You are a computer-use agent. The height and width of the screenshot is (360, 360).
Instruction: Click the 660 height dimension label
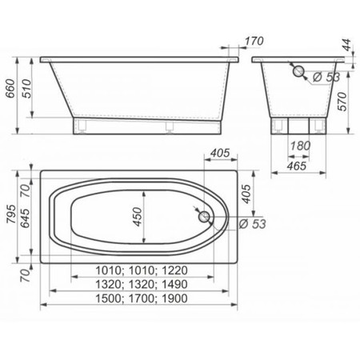coord(11,88)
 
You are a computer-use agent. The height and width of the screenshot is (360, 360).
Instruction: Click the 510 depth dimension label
coord(26,88)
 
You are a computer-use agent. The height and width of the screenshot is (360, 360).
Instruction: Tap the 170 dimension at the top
coord(254,41)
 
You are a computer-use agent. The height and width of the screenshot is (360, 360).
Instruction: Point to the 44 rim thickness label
coord(346,45)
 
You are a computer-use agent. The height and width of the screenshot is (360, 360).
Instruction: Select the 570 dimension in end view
coord(342,102)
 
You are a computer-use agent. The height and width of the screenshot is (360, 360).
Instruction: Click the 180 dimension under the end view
coord(300,146)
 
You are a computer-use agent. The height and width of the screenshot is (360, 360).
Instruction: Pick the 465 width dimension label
coord(297,166)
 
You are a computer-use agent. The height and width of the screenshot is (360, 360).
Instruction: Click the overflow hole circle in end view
coord(298,71)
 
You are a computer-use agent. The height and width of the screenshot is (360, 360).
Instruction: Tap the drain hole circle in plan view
coord(204,217)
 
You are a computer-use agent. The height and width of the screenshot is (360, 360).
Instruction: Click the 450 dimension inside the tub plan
coord(138,217)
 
